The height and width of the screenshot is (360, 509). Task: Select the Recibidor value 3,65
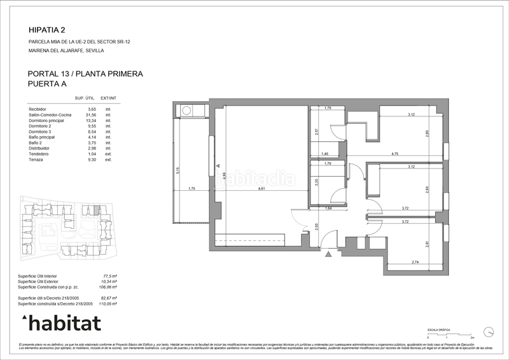click(92, 109)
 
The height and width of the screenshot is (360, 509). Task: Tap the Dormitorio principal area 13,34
click(91, 121)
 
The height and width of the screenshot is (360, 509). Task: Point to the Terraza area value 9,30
click(92, 160)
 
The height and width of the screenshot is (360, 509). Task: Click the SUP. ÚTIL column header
click(85, 98)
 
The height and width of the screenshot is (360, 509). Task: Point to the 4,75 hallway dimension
click(394, 154)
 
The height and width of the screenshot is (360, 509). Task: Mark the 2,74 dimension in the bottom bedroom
click(415, 262)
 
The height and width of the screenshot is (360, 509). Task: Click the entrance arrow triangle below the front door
click(328, 254)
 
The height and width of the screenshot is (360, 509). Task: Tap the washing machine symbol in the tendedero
click(187, 111)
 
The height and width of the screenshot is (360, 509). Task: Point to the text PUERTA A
click(48, 83)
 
